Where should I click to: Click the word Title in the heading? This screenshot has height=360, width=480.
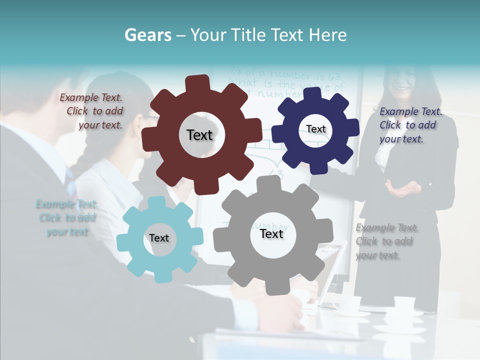tap(248, 35)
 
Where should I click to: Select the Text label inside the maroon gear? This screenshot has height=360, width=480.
tap(199, 135)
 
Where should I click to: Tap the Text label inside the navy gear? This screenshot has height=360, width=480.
tap(315, 129)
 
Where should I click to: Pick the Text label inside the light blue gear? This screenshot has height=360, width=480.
tap(159, 238)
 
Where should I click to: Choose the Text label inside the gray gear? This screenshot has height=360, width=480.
tap(271, 233)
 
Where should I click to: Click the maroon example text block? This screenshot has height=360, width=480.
tap(91, 111)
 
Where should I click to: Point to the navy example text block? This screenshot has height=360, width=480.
tap(410, 125)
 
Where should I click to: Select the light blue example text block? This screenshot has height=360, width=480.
tap(66, 218)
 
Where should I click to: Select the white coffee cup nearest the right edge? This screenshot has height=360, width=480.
tap(404, 303)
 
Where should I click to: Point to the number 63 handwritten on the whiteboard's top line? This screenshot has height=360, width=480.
tap(333, 76)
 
